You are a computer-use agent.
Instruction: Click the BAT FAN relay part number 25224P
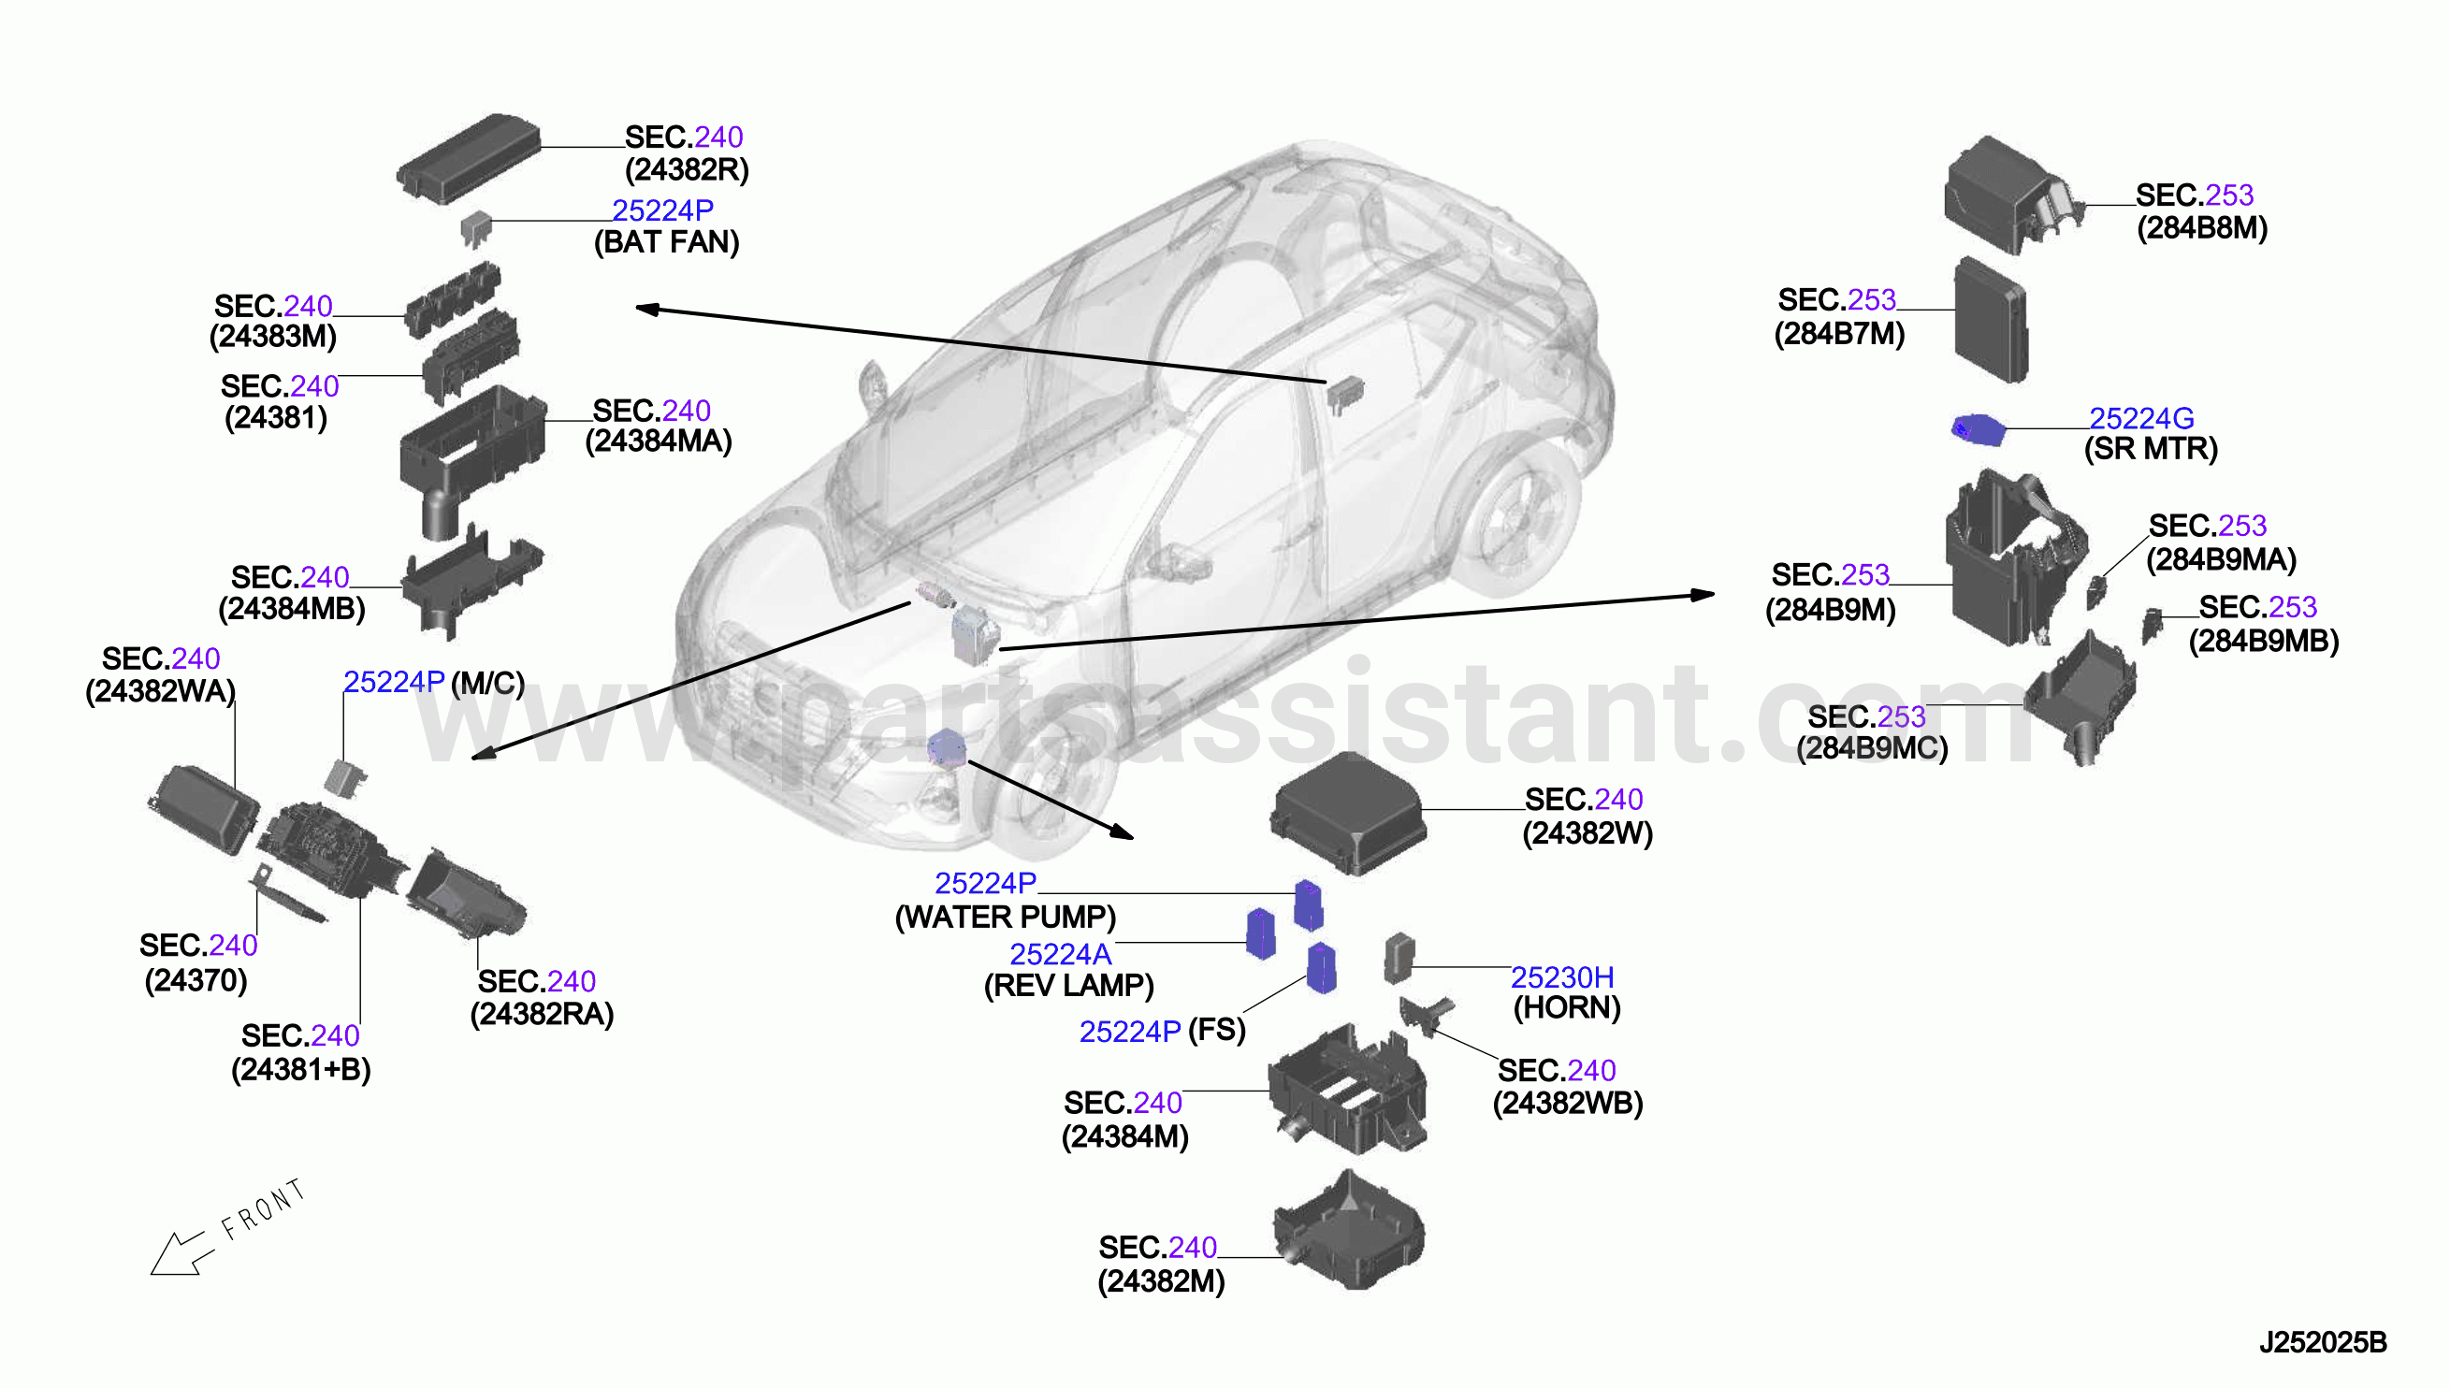(662, 210)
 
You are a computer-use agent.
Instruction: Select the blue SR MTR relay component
(1978, 430)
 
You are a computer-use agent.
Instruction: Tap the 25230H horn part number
(1562, 977)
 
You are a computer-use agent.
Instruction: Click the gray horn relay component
(1399, 958)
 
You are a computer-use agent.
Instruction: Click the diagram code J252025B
(2322, 1342)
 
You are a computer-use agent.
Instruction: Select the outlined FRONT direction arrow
(181, 1252)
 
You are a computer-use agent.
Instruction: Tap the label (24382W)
(1587, 833)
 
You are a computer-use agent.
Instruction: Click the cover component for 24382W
(1348, 812)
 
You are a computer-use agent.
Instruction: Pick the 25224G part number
(2141, 418)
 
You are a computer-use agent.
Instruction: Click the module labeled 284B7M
(1992, 320)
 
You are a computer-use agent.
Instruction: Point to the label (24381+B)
(301, 1070)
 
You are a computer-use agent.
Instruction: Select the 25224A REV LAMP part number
(1060, 954)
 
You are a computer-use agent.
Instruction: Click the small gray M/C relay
(344, 777)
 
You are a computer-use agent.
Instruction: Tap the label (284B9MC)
(1871, 748)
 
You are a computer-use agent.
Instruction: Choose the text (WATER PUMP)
(1006, 917)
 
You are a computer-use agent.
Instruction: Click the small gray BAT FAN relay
(476, 229)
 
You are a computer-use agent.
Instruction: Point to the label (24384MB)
(292, 609)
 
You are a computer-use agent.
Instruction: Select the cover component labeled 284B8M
(2011, 197)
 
